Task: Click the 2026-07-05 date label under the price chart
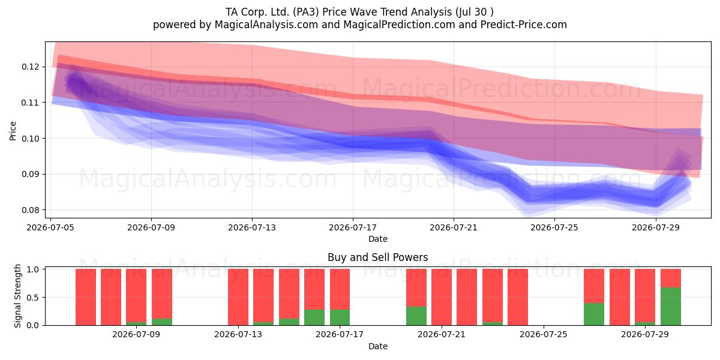pyautogui.click(x=50, y=227)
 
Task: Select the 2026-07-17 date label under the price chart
pyautogui.click(x=353, y=227)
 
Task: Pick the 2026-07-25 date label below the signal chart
pyautogui.click(x=544, y=334)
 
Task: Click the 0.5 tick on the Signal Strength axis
pyautogui.click(x=33, y=298)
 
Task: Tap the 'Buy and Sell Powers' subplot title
pyautogui.click(x=377, y=257)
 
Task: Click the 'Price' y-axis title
pyautogui.click(x=13, y=131)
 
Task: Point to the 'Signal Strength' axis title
pyautogui.click(x=17, y=296)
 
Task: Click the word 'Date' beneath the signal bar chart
pyautogui.click(x=377, y=346)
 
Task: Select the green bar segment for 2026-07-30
pyautogui.click(x=671, y=307)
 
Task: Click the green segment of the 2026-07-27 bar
pyautogui.click(x=594, y=314)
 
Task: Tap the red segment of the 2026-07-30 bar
pyautogui.click(x=671, y=278)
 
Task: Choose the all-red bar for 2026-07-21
pyautogui.click(x=442, y=297)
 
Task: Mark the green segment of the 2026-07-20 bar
pyautogui.click(x=416, y=316)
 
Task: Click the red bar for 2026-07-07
pyautogui.click(x=111, y=297)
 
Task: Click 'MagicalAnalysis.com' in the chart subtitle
pyautogui.click(x=266, y=25)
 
